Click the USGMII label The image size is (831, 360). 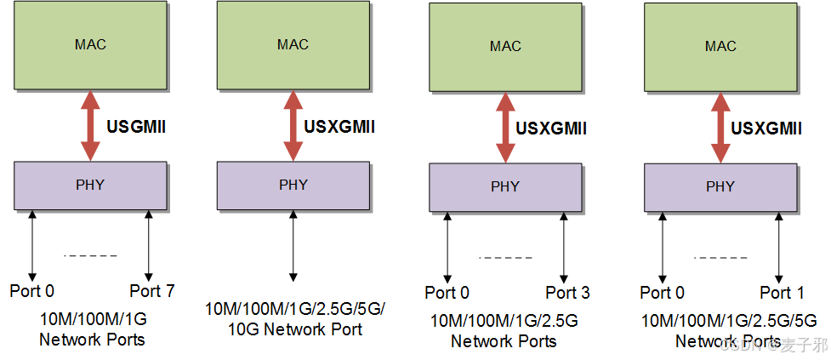click(x=136, y=127)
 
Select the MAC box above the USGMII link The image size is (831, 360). click(x=90, y=44)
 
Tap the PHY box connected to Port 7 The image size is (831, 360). click(x=90, y=185)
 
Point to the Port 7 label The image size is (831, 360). click(x=152, y=291)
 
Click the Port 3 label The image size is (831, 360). click(x=567, y=293)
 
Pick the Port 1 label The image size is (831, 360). click(x=782, y=293)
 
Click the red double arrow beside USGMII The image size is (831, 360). click(x=90, y=125)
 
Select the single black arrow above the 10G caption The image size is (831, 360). click(x=293, y=248)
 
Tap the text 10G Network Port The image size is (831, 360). click(x=294, y=329)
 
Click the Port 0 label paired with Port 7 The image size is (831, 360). click(x=32, y=291)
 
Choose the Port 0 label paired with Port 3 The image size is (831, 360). click(x=447, y=293)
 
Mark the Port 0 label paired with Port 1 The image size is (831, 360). click(x=663, y=293)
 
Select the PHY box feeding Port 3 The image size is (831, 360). click(x=505, y=186)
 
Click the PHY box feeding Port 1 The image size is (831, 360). click(x=720, y=186)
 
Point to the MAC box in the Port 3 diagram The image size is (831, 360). click(x=505, y=46)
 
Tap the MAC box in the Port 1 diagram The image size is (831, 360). click(x=720, y=46)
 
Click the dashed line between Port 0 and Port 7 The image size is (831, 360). click(x=90, y=255)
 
